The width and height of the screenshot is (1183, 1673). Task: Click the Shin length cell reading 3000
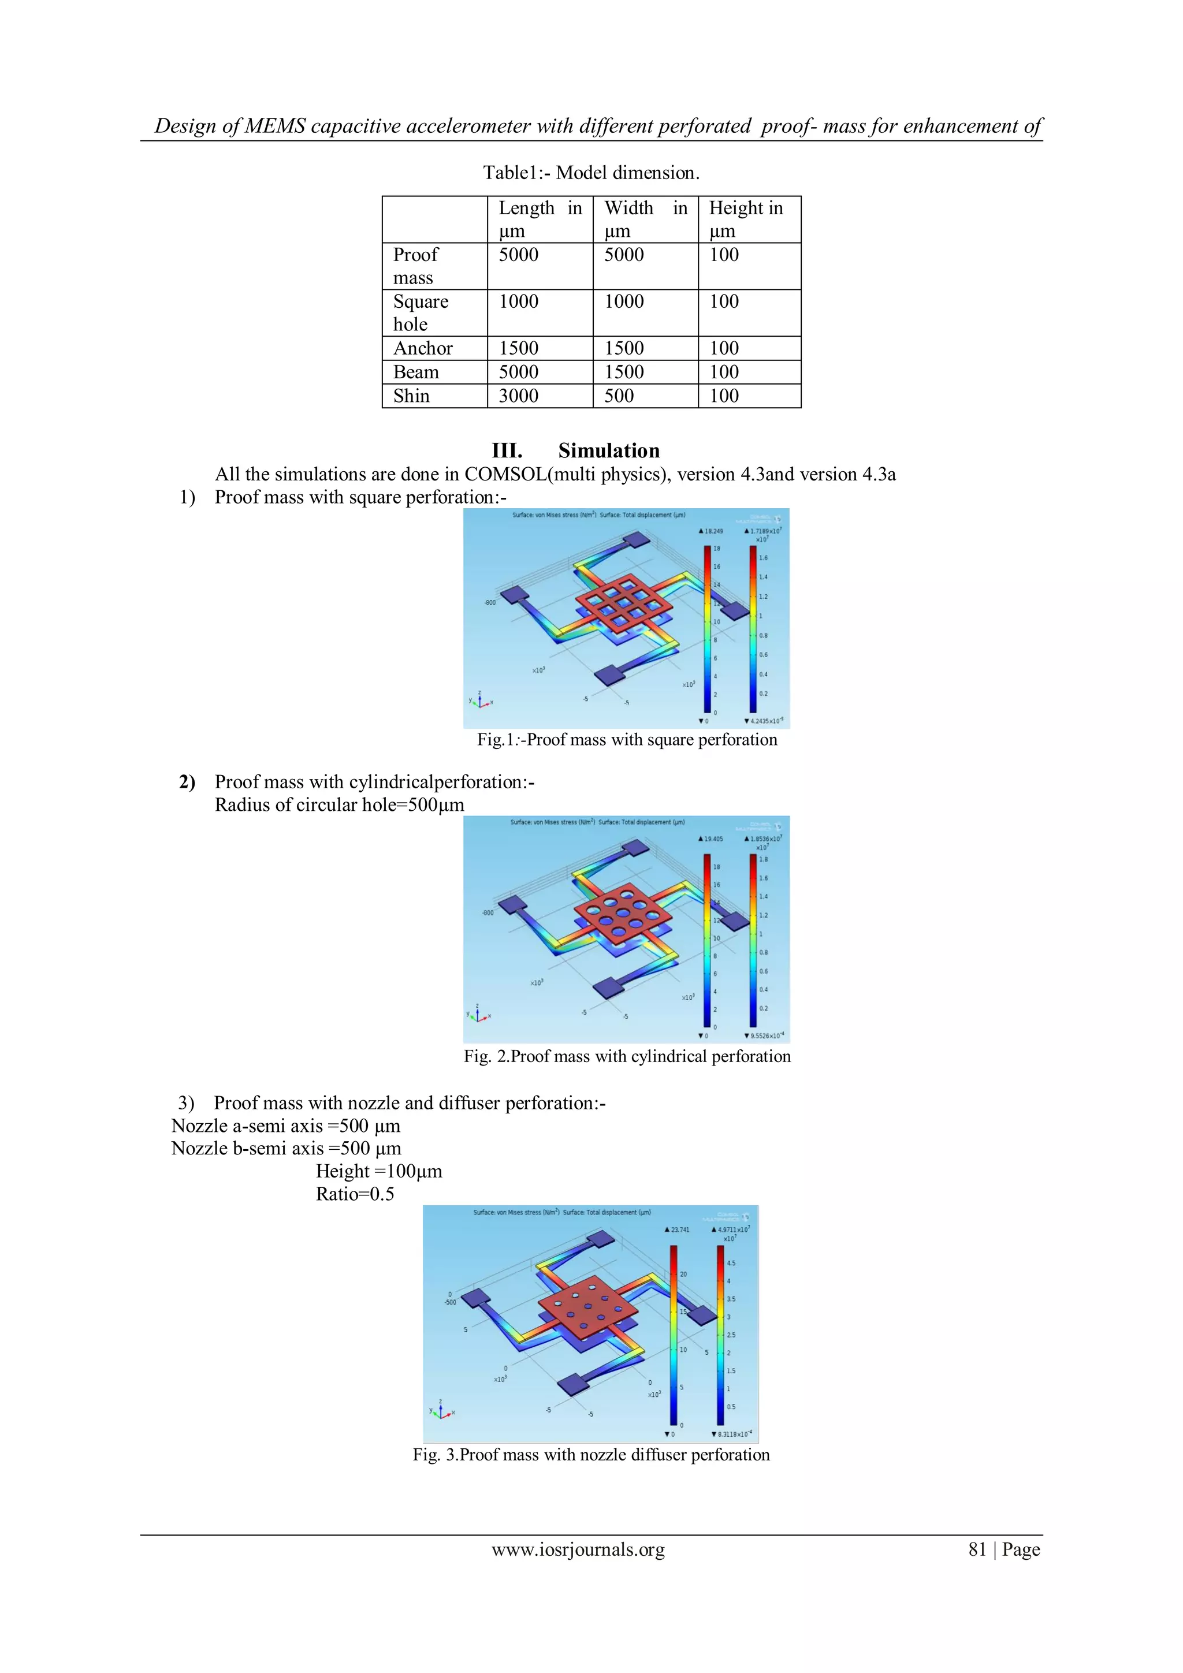point(518,396)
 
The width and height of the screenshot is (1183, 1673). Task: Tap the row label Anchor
point(423,348)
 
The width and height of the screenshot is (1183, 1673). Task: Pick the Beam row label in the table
point(416,372)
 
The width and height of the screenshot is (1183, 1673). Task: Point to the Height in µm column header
point(746,219)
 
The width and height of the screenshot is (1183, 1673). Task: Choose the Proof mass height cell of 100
point(724,255)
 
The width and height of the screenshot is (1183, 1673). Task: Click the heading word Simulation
point(609,450)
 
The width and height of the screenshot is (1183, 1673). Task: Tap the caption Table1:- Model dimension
point(591,173)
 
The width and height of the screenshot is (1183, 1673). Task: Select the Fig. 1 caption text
point(627,740)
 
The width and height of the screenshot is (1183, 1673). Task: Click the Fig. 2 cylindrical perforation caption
point(627,1057)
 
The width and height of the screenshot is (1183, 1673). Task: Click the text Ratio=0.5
point(355,1194)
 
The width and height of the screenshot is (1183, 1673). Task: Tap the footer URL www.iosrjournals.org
point(578,1550)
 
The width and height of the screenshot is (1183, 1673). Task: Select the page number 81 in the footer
point(977,1550)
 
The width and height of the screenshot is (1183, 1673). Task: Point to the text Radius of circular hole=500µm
point(339,805)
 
